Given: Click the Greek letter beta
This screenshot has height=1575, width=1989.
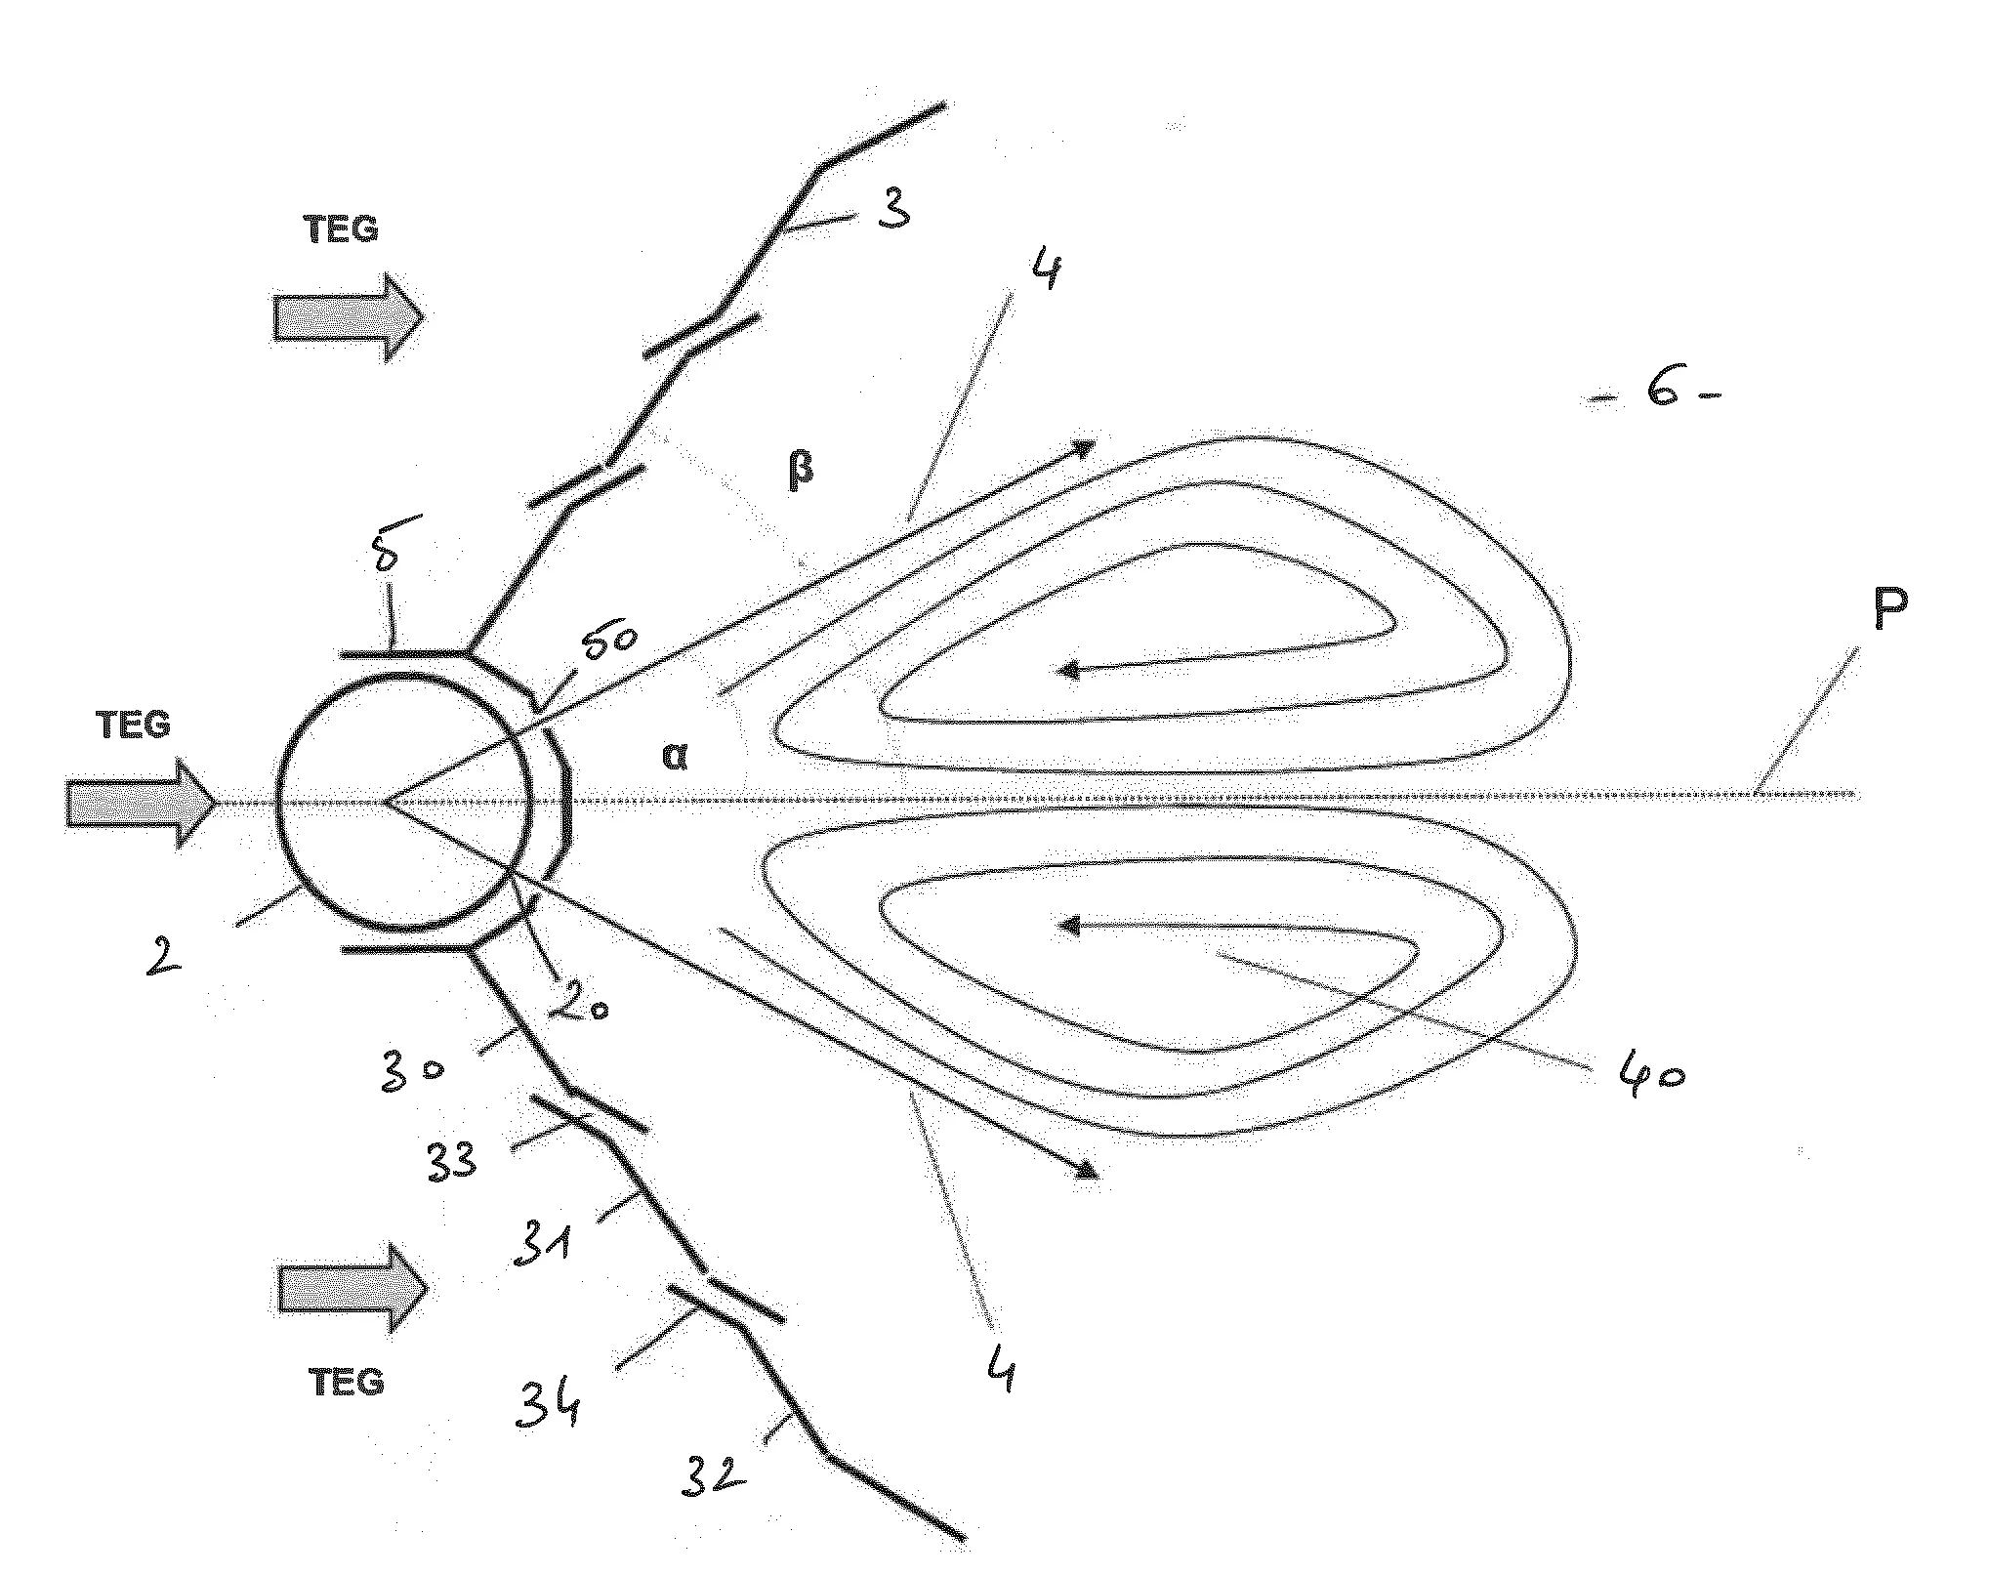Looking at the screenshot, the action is pos(800,472).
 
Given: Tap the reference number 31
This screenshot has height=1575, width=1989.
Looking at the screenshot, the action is pos(542,1245).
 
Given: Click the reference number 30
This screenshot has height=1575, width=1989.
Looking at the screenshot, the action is pos(414,1072).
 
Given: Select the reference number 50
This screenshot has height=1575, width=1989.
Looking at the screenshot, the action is pos(610,642).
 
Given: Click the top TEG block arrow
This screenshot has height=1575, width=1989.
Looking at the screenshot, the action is pos(350,318).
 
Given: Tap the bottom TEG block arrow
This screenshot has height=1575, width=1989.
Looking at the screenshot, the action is pos(353,1288).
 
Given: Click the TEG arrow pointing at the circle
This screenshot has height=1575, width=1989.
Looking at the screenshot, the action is pos(142,804).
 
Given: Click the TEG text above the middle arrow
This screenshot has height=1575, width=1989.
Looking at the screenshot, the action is pos(134,725).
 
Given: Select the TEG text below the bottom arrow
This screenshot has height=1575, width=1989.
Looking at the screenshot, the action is pos(347,1382).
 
